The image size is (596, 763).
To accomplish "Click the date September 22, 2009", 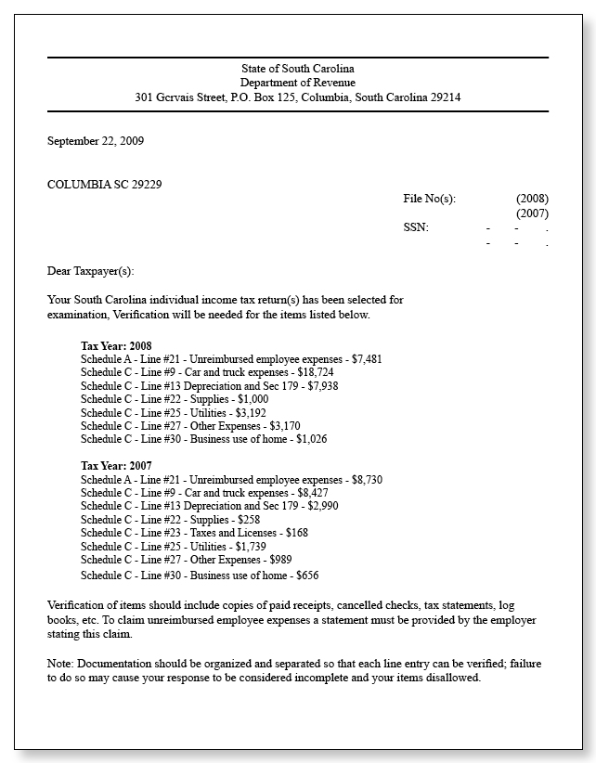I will pyautogui.click(x=96, y=142).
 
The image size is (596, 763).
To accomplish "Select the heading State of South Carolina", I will pyautogui.click(x=297, y=69).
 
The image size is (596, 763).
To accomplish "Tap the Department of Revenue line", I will pyautogui.click(x=297, y=83).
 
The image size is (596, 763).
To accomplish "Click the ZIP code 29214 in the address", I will pyautogui.click(x=445, y=97).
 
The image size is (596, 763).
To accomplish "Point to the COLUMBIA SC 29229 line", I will pyautogui.click(x=105, y=184).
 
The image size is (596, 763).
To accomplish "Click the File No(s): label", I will pyautogui.click(x=430, y=199).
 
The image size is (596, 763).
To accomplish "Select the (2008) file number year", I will pyautogui.click(x=532, y=199).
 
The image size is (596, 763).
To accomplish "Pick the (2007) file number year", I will pyautogui.click(x=532, y=213).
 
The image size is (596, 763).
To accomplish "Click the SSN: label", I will pyautogui.click(x=416, y=227).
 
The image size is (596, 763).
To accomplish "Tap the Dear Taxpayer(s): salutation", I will pyautogui.click(x=91, y=271).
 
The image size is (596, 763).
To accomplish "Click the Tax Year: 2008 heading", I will pyautogui.click(x=117, y=345).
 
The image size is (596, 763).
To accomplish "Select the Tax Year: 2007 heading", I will pyautogui.click(x=117, y=465).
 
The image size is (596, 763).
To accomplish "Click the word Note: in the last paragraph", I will pyautogui.click(x=60, y=664).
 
